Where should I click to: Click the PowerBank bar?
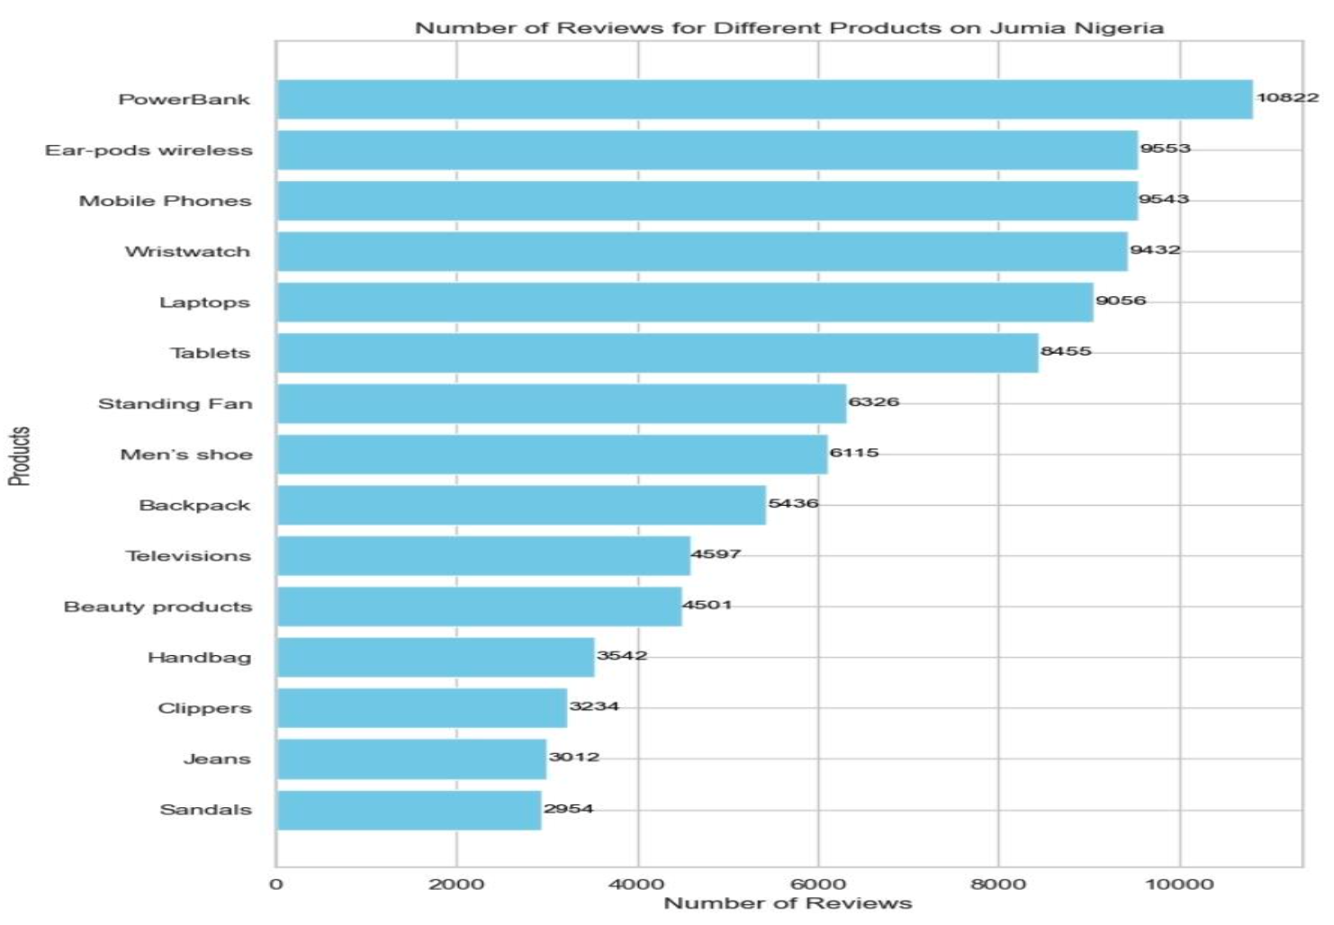tap(764, 99)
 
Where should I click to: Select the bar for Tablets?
tap(657, 353)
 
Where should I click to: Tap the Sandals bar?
tap(409, 810)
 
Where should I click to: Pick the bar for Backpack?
tap(521, 505)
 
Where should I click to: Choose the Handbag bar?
tap(436, 657)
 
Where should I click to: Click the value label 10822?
tap(1287, 97)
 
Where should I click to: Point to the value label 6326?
tap(873, 401)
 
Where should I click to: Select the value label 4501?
tap(708, 605)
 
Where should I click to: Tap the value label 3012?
tap(574, 757)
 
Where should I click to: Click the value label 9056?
tap(1121, 301)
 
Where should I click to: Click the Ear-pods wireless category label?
tap(149, 150)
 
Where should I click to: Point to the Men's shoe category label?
tap(186, 454)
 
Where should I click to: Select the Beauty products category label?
tap(158, 606)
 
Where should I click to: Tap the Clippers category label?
tap(204, 708)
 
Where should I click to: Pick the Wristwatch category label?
tap(187, 252)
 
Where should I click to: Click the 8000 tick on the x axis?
tap(997, 885)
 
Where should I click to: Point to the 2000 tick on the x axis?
tap(456, 885)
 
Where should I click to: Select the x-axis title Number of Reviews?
tap(788, 903)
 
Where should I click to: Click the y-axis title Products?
tap(19, 456)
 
